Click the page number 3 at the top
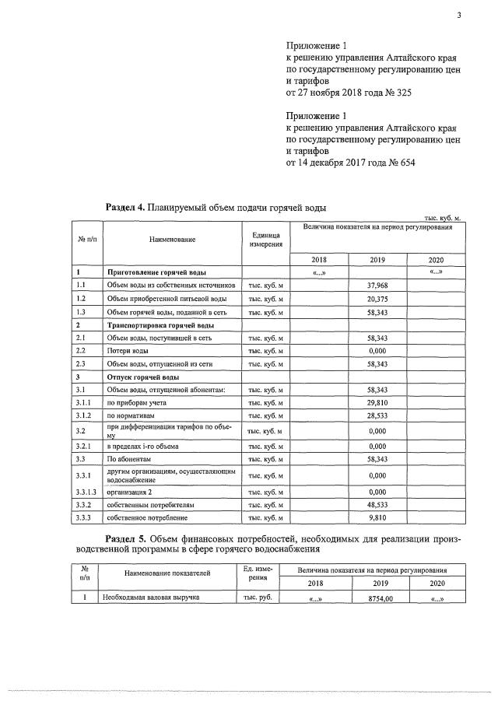tap(459, 10)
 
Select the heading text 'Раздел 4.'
tap(124, 208)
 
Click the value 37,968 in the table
tap(377, 285)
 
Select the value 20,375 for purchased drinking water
tap(377, 298)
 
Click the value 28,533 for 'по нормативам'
tap(377, 416)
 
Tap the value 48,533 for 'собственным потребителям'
tap(377, 504)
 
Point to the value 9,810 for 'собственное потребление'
tap(377, 517)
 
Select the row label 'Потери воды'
tap(122, 351)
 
